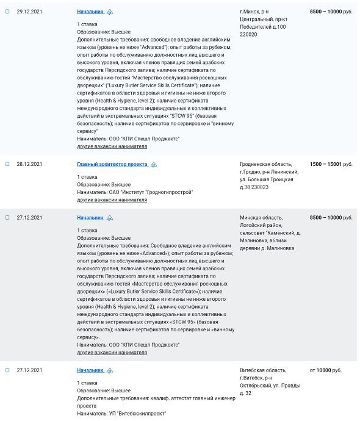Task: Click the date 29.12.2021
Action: [29, 12]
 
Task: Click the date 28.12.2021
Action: [29, 164]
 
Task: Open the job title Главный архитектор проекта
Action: [112, 164]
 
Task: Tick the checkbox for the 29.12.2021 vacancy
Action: [7, 12]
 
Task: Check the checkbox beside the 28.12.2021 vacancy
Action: [7, 164]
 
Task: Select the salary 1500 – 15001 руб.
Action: [331, 164]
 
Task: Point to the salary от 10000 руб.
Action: [331, 370]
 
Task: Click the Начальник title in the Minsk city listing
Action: [90, 12]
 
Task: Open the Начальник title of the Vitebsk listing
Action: [90, 370]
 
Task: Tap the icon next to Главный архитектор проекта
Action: [154, 165]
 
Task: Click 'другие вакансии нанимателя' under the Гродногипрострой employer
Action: [112, 200]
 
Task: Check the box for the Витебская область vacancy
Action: [7, 370]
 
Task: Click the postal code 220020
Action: [250, 35]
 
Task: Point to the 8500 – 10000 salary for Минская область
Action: [331, 217]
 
